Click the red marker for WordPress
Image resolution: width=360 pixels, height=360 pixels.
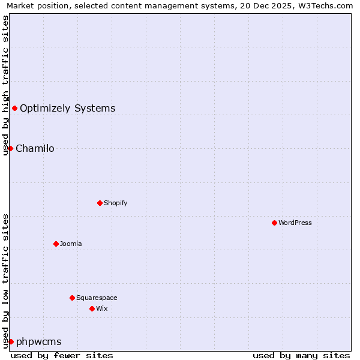[x=274, y=223]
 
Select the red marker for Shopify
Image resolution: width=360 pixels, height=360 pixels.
[x=100, y=203]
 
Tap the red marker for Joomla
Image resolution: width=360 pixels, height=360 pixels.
[x=56, y=244]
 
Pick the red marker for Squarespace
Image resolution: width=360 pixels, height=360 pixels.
[x=72, y=298]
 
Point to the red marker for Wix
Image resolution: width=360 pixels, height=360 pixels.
[x=92, y=308]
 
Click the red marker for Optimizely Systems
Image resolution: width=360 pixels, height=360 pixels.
[x=14, y=108]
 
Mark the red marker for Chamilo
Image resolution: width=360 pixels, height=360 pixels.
[x=10, y=148]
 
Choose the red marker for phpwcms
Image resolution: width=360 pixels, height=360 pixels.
[x=11, y=341]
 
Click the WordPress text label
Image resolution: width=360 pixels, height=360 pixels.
[x=295, y=223]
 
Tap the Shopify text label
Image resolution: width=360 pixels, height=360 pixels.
[x=116, y=203]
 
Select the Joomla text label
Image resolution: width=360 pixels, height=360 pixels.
[x=71, y=244]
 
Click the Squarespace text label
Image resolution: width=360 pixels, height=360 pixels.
[x=97, y=298]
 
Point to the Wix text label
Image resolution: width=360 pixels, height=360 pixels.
[x=102, y=308]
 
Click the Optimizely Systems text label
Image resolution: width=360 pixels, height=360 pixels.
[x=68, y=109]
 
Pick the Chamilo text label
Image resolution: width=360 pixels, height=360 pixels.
[x=35, y=149]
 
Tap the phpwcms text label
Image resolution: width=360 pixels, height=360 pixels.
[x=39, y=342]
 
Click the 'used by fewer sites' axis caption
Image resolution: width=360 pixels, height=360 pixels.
[x=62, y=355]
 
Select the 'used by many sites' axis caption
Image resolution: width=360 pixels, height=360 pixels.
[x=301, y=355]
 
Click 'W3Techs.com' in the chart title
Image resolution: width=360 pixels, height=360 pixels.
[x=328, y=5]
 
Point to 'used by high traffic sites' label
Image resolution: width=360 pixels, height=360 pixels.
[x=5, y=85]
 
